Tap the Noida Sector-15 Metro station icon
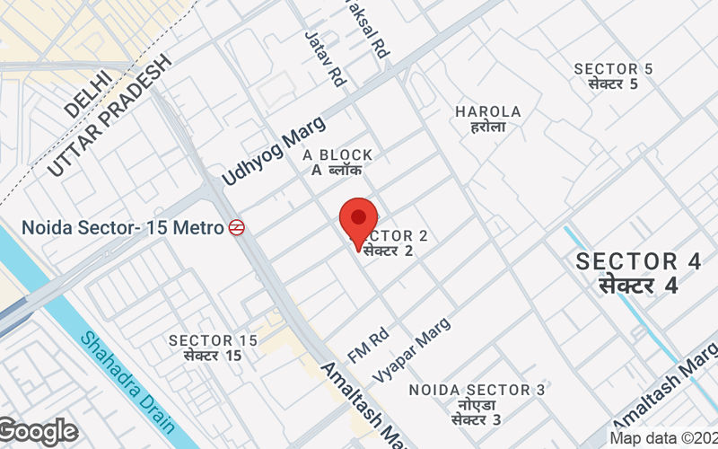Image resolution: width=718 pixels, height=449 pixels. (237, 228)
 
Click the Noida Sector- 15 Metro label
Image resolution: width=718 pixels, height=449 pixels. (122, 228)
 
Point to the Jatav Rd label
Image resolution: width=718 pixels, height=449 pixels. (325, 58)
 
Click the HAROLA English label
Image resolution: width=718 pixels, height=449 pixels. (488, 111)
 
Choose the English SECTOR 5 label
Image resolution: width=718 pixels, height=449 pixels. (614, 69)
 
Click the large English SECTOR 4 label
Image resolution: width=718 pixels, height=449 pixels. (638, 261)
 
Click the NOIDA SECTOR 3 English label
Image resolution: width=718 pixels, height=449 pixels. (477, 390)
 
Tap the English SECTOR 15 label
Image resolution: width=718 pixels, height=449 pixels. (213, 340)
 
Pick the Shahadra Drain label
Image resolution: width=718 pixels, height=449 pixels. (117, 378)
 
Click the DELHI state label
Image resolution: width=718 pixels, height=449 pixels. (88, 93)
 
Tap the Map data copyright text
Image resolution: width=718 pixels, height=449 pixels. (662, 438)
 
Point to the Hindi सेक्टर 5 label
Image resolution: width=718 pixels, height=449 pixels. (614, 84)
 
